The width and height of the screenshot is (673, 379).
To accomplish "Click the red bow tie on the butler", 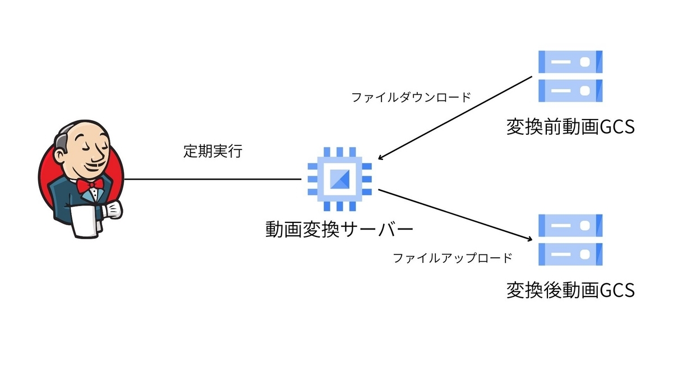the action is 90,185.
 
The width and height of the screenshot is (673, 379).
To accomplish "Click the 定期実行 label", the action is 213,151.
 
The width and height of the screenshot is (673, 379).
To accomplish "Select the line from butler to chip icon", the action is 213,180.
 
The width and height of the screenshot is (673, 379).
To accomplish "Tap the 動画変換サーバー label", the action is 339,230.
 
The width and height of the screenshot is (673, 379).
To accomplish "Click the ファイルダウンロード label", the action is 411,97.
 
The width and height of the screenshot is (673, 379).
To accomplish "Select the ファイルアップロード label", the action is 452,258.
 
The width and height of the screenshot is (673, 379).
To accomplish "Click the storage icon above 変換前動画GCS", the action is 570,76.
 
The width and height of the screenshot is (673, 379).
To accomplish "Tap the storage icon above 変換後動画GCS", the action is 570,240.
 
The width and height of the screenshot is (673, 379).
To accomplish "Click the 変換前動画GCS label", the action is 570,127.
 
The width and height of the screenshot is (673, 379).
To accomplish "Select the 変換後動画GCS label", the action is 570,290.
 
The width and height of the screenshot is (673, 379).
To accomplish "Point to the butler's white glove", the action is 114,209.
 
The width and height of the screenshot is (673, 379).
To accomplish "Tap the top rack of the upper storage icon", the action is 570,61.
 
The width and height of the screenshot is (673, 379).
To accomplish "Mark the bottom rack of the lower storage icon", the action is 570,254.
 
